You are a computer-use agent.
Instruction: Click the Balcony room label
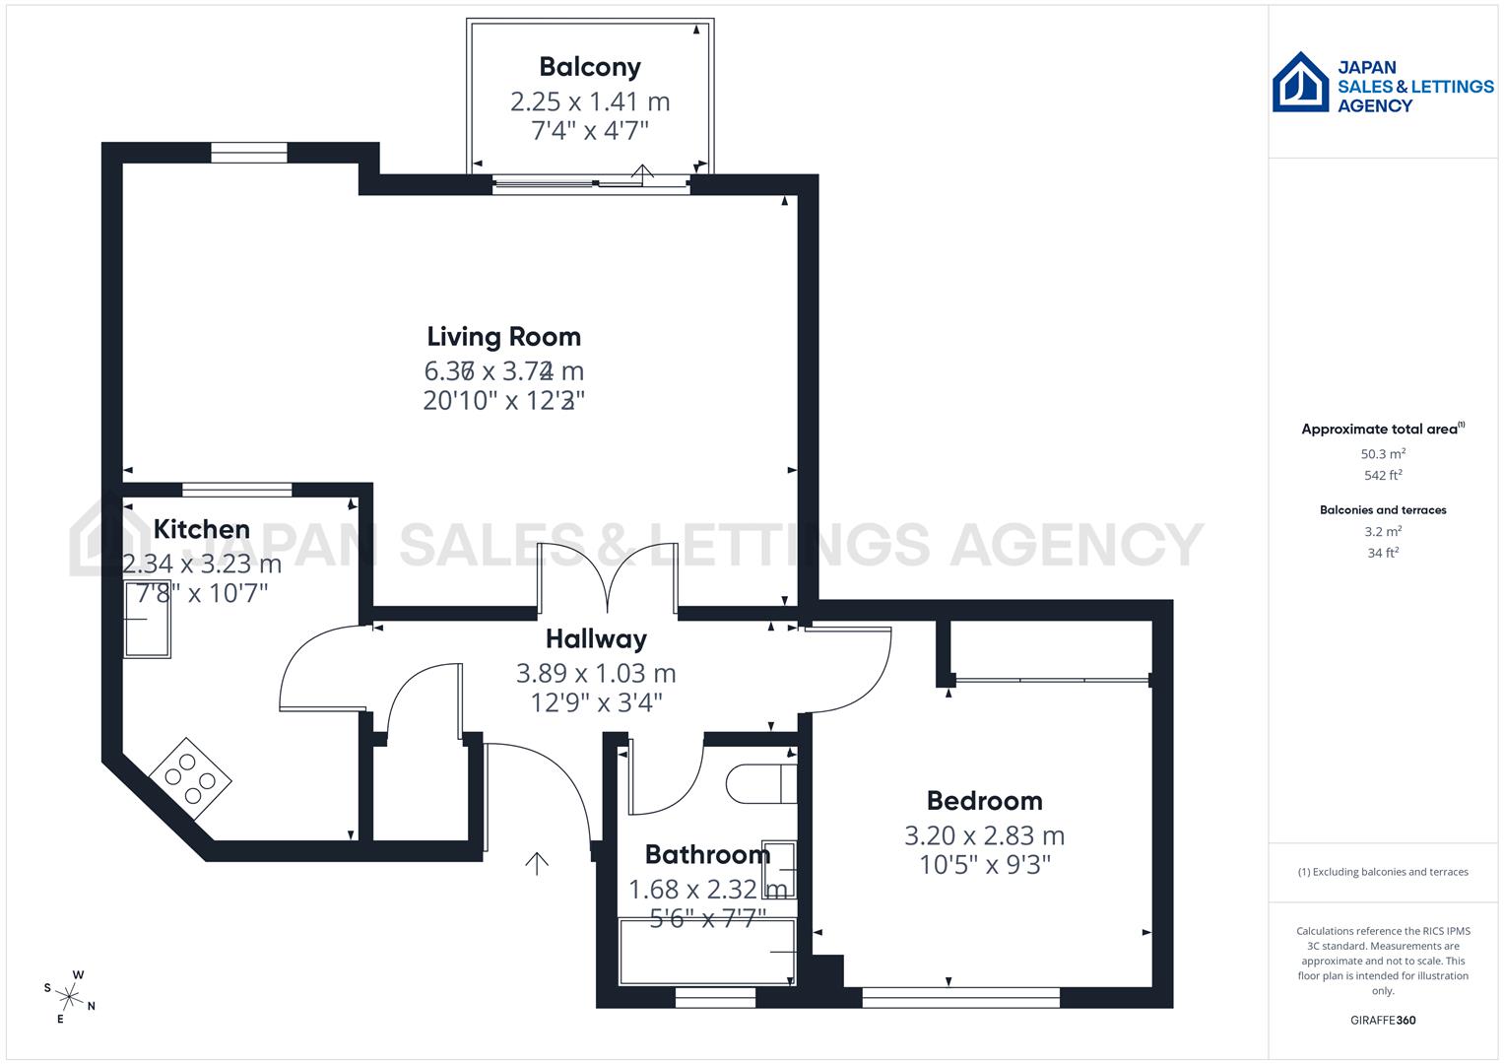590,67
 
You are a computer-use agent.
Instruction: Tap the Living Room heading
503,337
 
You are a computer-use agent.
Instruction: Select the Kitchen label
201,529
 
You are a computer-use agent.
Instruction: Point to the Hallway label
596,639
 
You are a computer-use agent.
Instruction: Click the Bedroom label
984,801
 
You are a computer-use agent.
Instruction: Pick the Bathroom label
706,854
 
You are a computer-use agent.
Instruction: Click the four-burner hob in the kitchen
191,777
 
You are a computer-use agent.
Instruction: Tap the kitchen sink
147,620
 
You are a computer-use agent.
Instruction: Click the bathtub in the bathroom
706,952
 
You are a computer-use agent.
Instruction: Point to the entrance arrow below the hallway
537,863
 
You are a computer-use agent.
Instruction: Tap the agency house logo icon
1300,83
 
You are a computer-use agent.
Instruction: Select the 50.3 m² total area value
1382,454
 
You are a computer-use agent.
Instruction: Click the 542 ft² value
1382,475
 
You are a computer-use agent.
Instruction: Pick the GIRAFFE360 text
1382,1020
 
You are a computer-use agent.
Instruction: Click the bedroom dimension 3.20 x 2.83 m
984,835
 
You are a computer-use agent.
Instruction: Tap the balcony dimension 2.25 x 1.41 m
590,101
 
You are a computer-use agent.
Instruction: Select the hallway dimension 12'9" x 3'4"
596,702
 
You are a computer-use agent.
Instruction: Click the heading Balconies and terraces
1382,510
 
